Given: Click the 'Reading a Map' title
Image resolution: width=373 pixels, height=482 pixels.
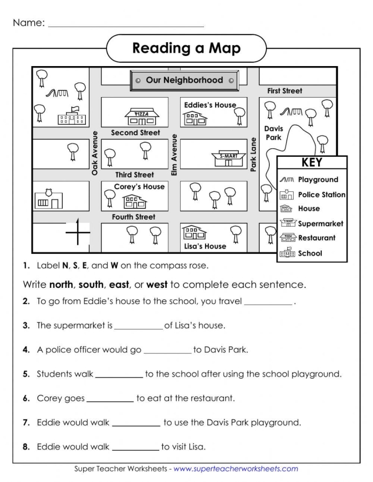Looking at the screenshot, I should click(186, 49).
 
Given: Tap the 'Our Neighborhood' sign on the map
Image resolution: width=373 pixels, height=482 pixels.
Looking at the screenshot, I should click(184, 80).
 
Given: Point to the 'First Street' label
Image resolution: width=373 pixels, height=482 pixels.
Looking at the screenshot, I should click(285, 91).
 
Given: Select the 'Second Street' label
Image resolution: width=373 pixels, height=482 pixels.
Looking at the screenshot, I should click(135, 133).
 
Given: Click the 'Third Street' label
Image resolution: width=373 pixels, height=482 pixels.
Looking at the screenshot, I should click(134, 174).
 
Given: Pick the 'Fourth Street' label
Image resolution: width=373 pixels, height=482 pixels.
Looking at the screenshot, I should click(134, 217).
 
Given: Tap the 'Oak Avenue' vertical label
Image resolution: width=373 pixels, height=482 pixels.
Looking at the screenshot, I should click(95, 153).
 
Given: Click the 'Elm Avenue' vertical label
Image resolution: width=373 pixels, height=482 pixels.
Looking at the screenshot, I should click(174, 155).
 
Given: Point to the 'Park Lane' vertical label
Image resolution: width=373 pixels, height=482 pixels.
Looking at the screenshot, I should click(254, 155).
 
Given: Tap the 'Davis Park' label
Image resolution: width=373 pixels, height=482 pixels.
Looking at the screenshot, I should click(273, 133).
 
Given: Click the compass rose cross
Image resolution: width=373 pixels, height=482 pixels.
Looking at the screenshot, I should click(77, 232).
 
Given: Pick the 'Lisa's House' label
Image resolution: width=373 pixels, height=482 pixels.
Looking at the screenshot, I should click(205, 246).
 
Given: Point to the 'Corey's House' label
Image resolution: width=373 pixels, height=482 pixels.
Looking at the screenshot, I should click(140, 187).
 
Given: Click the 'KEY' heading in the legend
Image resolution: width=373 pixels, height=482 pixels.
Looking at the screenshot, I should click(312, 163).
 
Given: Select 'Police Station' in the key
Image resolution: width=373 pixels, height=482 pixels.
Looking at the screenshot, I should click(321, 195).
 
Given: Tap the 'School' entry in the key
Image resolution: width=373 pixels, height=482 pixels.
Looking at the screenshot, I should click(310, 253).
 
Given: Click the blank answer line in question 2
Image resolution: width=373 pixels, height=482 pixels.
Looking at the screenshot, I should click(268, 302).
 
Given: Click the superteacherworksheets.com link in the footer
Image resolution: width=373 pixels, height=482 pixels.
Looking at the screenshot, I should click(236, 469).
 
